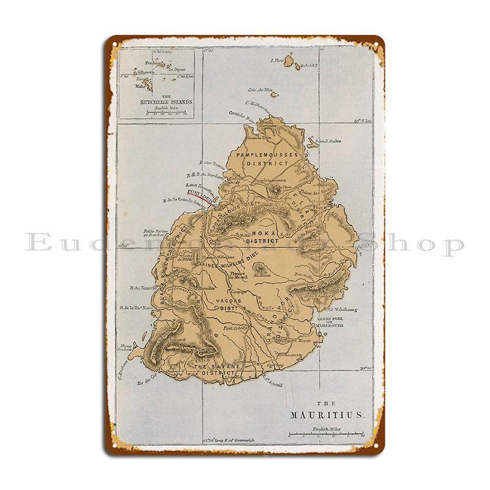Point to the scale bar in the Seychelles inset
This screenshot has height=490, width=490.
click(157, 111)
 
